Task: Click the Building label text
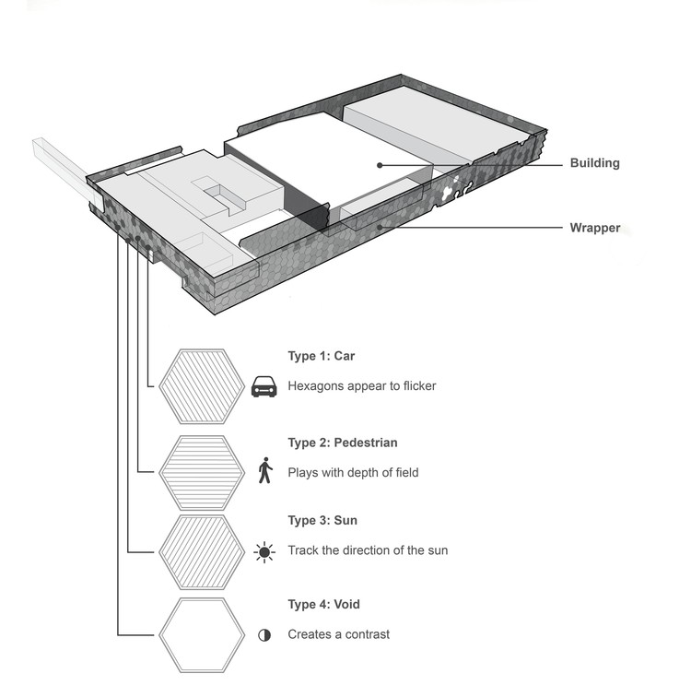pos(594,163)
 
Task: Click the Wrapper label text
pos(594,227)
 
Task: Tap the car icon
pos(264,387)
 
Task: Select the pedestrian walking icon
pos(265,471)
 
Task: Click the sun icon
pos(265,552)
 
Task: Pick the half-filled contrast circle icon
pos(265,635)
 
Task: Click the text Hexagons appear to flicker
pos(361,386)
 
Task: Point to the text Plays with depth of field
pos(353,473)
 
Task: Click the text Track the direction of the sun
pos(368,550)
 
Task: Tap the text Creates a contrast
pos(338,634)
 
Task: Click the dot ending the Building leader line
pos(379,165)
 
